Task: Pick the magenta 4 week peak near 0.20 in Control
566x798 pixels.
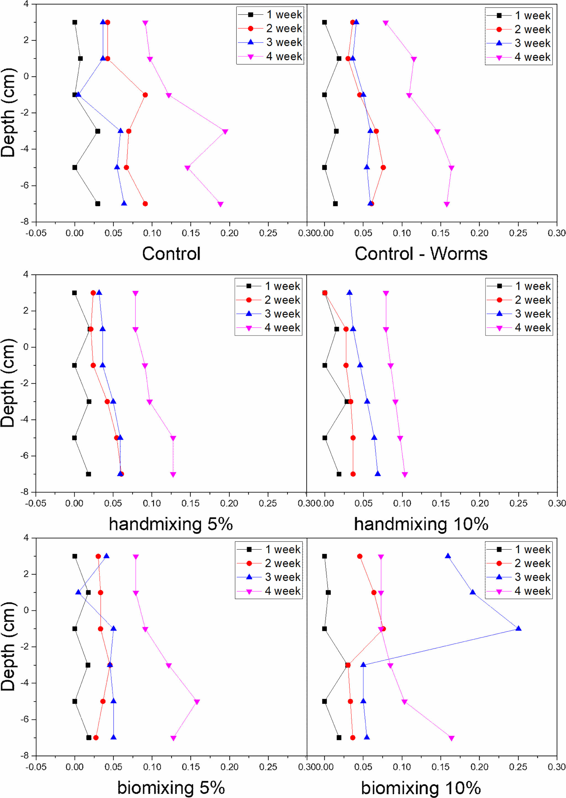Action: (x=225, y=131)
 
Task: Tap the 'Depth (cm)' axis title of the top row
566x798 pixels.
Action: (x=8, y=113)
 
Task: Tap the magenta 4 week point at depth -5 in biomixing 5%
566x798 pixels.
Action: (x=197, y=702)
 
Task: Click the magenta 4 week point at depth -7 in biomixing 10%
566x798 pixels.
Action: (x=451, y=738)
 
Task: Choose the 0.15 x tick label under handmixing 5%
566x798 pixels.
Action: (x=190, y=503)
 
